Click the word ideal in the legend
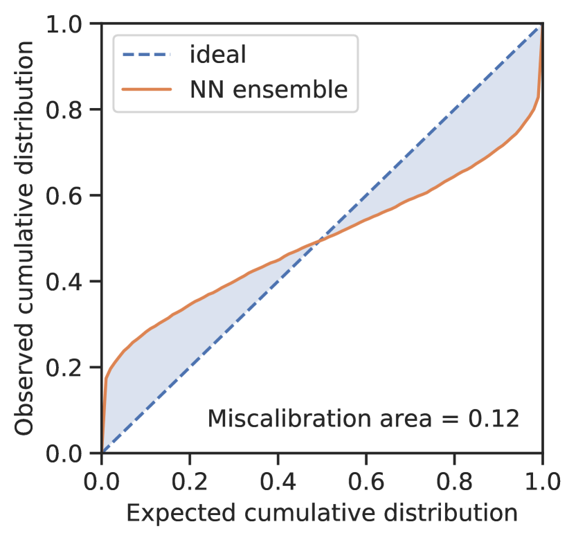(217, 55)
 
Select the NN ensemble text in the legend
(268, 89)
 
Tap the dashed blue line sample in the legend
(146, 55)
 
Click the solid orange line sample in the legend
(146, 89)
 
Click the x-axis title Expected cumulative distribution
(322, 513)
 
